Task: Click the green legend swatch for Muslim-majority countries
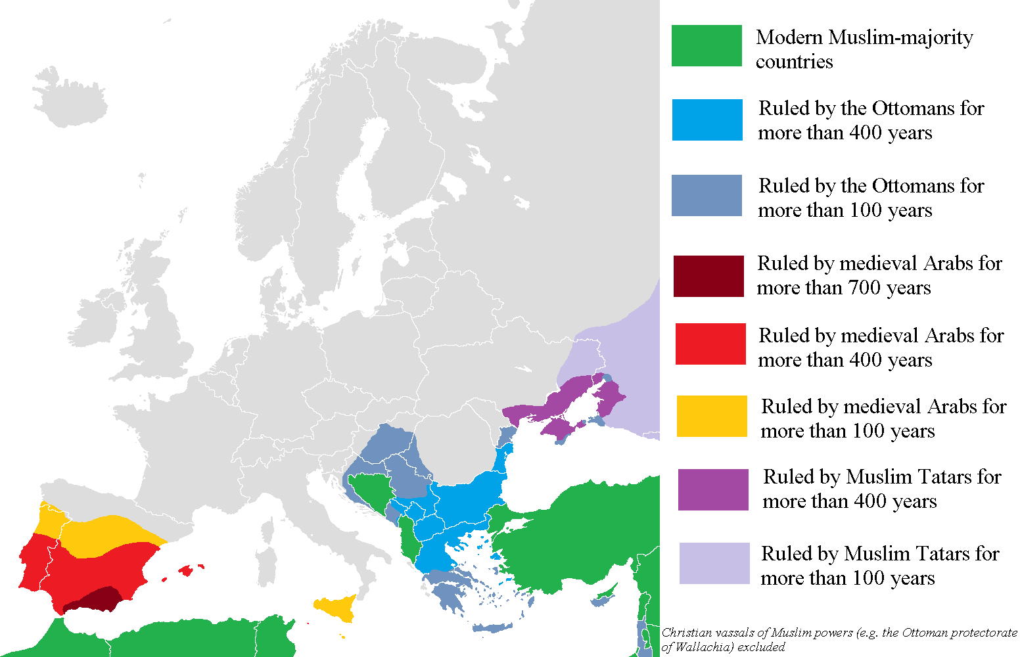(707, 46)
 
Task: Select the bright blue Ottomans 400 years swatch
(707, 120)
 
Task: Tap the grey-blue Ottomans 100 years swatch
(707, 195)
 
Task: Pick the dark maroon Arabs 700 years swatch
(708, 276)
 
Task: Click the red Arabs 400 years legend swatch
(710, 344)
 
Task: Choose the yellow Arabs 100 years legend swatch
(712, 416)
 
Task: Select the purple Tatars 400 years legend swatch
(713, 489)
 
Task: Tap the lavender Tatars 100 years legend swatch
(714, 563)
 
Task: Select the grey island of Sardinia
(266, 566)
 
